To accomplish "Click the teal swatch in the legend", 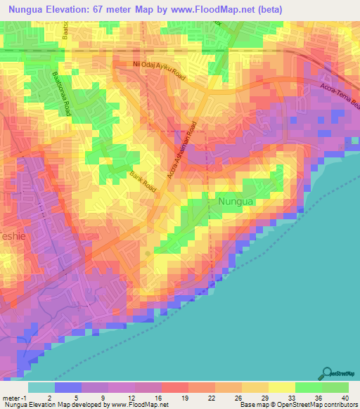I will pos(41,387).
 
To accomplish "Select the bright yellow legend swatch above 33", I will pos(282,387).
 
